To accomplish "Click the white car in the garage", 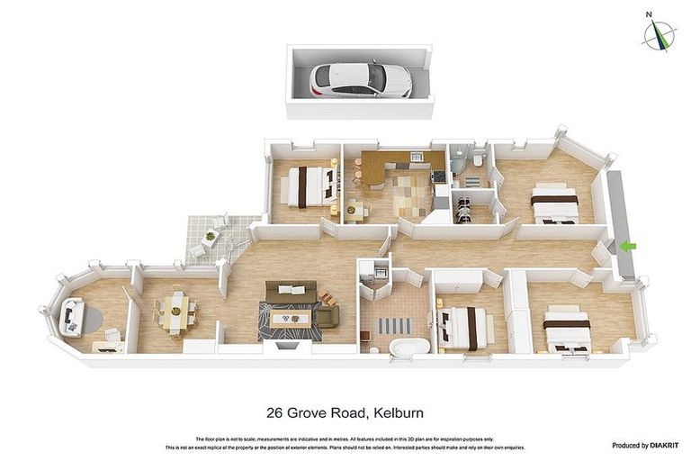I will pyautogui.click(x=360, y=79).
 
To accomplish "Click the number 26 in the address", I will pyautogui.click(x=276, y=413).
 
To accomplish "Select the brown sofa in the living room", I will pyautogui.click(x=290, y=292).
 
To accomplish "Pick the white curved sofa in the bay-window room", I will pyautogui.click(x=72, y=316).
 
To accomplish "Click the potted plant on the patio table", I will pyautogui.click(x=211, y=237).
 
